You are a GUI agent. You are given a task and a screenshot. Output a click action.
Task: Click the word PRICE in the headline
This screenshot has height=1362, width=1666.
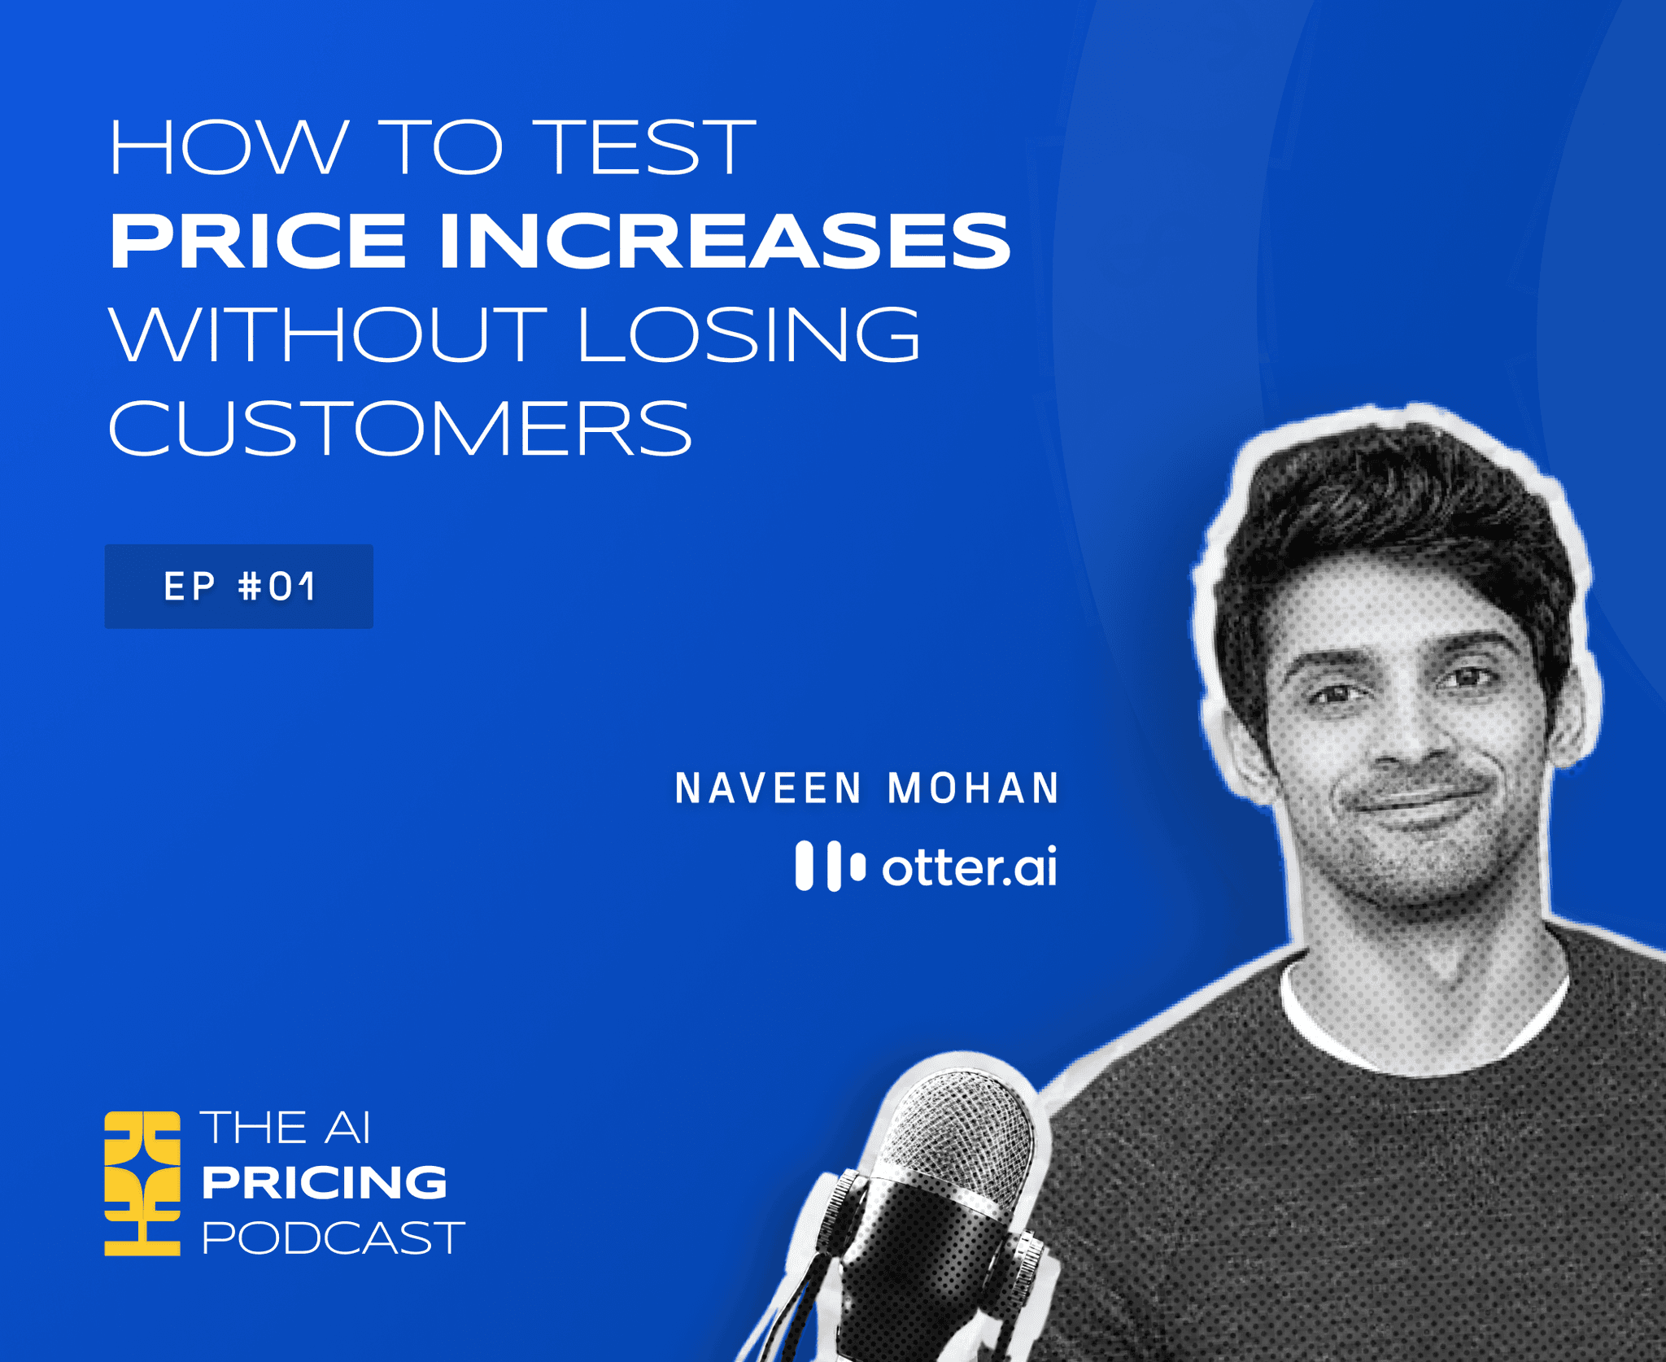[x=258, y=241]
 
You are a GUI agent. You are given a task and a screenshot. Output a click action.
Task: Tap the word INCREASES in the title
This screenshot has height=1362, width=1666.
[x=724, y=241]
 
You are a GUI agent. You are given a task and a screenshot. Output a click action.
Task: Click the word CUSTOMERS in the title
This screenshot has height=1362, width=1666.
[x=399, y=428]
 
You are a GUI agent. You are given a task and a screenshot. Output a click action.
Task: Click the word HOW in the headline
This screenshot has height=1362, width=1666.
[x=229, y=147]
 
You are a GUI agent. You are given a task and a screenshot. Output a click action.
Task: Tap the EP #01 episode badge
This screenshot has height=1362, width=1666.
[x=238, y=587]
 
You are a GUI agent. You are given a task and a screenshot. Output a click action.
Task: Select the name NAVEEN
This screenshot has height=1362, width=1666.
[x=768, y=788]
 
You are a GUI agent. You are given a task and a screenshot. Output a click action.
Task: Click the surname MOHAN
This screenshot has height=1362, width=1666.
[x=974, y=788]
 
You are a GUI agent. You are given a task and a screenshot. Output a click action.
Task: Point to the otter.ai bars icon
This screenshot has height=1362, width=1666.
[x=830, y=866]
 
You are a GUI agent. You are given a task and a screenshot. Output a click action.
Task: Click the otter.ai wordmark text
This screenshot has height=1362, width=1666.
[x=970, y=867]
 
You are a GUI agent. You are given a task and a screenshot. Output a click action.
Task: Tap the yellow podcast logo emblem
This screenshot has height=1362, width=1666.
[x=142, y=1184]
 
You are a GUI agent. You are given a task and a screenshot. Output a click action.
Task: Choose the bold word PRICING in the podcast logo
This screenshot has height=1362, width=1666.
[x=325, y=1182]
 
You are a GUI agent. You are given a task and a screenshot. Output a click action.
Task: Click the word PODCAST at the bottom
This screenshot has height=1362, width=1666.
[x=333, y=1238]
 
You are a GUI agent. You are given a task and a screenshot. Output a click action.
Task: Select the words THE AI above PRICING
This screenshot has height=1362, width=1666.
[x=286, y=1128]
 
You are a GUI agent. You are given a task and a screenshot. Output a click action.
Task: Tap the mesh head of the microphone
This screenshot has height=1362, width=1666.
[x=964, y=1131]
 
